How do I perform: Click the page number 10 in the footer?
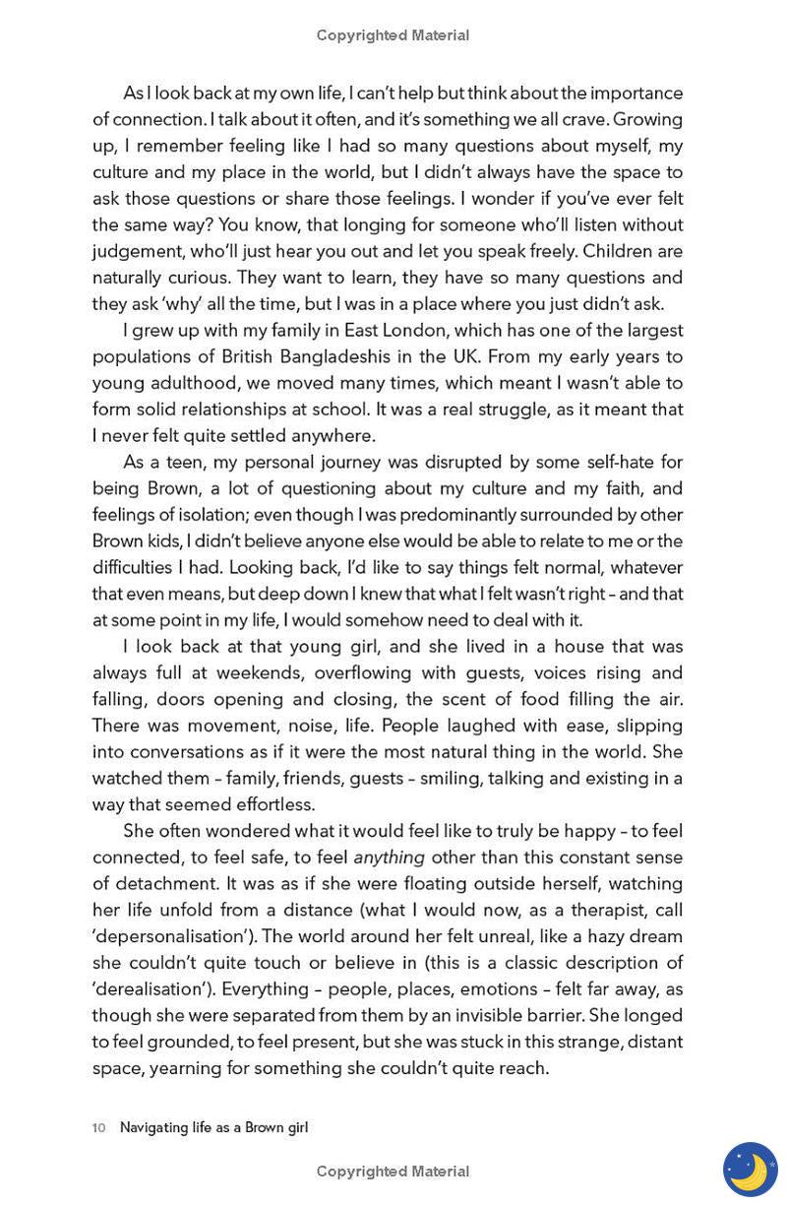pyautogui.click(x=98, y=1127)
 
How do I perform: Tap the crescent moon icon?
pyautogui.click(x=750, y=1169)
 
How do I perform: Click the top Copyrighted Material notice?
pyautogui.click(x=393, y=35)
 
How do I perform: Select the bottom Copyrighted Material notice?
pyautogui.click(x=393, y=1172)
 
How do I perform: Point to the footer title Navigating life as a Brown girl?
pyautogui.click(x=213, y=1127)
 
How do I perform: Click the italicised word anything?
pyautogui.click(x=390, y=857)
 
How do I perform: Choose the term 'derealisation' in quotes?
pyautogui.click(x=151, y=988)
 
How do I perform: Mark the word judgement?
pyautogui.click(x=137, y=251)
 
